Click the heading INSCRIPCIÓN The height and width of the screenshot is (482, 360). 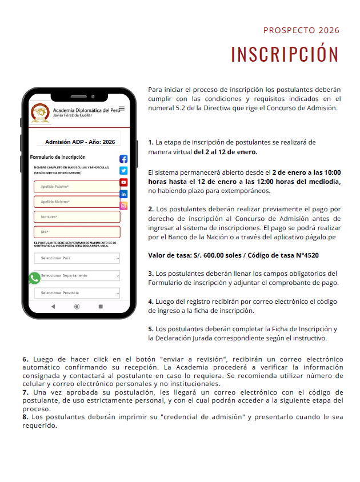point(285,54)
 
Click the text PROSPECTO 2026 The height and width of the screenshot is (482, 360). point(301,30)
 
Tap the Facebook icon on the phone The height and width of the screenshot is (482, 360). point(123,159)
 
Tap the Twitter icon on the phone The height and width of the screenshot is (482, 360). point(123,170)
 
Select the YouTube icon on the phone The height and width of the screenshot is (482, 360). point(123,182)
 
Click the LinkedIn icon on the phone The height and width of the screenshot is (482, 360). point(123,194)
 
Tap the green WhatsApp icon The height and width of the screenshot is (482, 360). point(35,278)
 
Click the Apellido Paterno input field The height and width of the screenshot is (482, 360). point(77,187)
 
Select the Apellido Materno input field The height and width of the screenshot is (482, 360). point(77,202)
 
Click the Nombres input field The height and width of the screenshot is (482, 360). point(77,217)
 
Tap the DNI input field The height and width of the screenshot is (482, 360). point(77,232)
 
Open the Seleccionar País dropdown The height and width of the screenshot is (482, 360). point(77,258)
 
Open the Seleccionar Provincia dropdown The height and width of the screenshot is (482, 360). point(77,293)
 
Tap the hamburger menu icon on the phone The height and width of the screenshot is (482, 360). point(121,109)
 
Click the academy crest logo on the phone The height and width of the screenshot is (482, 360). point(39,112)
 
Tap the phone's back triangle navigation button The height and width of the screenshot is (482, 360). point(53,307)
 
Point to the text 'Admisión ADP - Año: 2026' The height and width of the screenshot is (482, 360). point(80,142)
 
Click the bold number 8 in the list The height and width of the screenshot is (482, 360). point(25,417)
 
